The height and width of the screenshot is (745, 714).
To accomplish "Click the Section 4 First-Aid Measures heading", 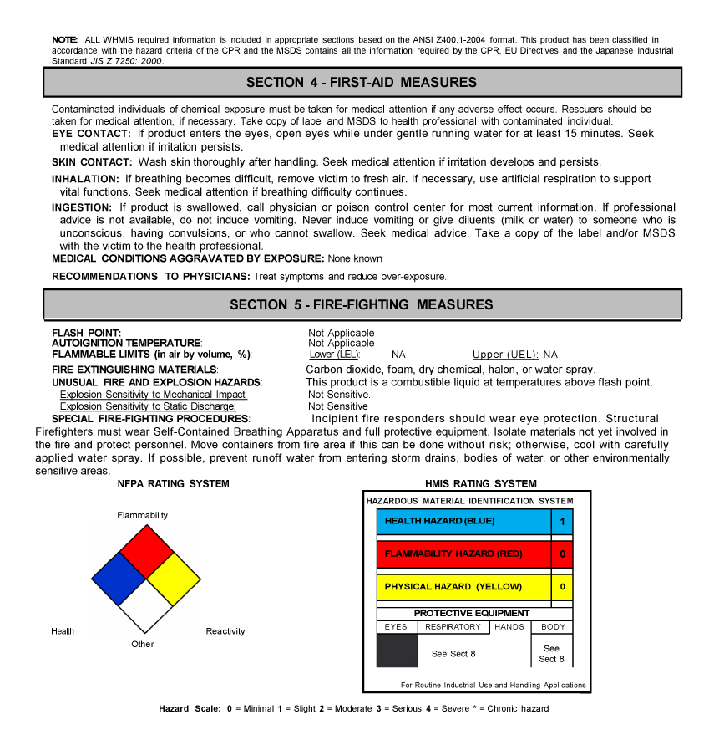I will coord(362,82).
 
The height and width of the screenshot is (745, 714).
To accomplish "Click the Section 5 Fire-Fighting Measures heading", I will coord(362,305).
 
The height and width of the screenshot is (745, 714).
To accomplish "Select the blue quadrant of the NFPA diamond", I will coord(118,578).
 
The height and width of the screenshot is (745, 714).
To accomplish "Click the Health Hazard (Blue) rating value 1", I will coord(562,521).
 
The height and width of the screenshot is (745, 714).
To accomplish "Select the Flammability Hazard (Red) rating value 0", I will coord(562,554).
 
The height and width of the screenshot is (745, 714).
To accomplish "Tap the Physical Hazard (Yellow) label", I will coord(453,587).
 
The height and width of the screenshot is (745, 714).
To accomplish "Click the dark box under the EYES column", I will coord(397,651).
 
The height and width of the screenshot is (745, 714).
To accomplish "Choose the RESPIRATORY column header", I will coord(453,627).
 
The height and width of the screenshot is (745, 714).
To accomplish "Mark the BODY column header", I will coord(553,627).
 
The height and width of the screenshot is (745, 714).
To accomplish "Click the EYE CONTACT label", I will coord(91,134).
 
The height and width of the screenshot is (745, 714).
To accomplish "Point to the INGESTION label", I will coord(82,207).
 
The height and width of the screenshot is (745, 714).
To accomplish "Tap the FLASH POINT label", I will coord(86,333).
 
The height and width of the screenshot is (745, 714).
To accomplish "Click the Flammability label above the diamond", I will coord(142,515).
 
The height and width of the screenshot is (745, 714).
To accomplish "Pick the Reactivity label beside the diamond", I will coord(225,631).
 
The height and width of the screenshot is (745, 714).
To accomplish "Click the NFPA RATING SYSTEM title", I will coord(173,484).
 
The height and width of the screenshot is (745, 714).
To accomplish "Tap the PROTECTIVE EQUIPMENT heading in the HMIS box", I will coord(472,613).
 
